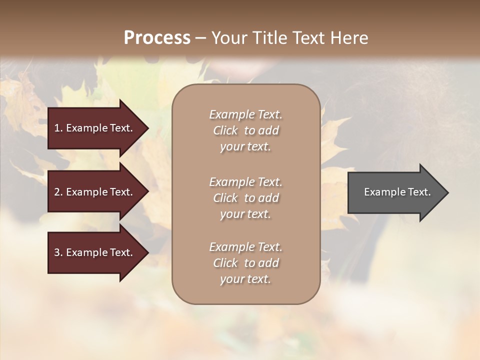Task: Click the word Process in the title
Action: [157, 37]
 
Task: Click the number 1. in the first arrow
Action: [58, 128]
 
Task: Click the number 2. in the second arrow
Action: [58, 192]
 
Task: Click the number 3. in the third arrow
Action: [58, 252]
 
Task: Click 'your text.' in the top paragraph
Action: [245, 147]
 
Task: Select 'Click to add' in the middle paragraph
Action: [245, 198]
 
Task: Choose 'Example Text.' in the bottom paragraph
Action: [245, 247]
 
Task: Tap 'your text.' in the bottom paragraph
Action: [245, 279]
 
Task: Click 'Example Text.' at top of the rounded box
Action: [245, 114]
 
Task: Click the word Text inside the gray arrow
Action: [418, 192]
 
